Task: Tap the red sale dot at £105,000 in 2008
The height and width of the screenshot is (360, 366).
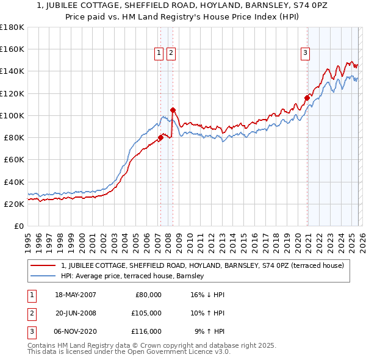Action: (173, 110)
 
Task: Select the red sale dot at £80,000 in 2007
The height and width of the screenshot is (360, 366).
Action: (160, 137)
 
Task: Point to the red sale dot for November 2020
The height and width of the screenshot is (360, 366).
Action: (306, 98)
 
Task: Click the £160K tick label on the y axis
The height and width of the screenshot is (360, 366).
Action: (12, 49)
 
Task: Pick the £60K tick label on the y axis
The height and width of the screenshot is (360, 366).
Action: (14, 160)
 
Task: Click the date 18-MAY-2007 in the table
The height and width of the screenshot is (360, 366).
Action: (76, 295)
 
